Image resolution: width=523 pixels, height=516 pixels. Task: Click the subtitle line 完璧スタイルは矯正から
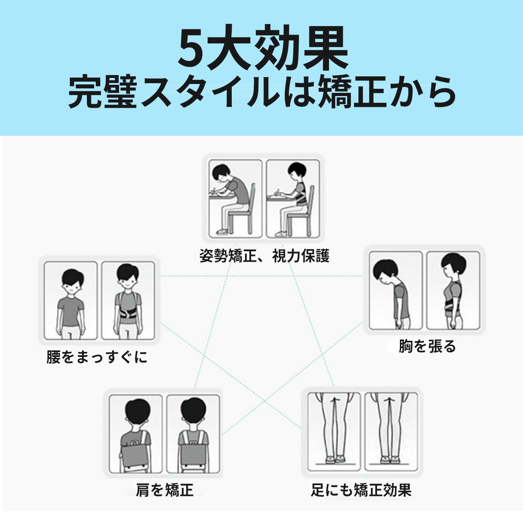[261, 92]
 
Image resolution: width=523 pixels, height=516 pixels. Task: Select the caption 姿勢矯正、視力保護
[264, 256]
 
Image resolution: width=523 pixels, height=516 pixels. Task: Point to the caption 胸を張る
[427, 346]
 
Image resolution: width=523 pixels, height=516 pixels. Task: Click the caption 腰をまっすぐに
[97, 357]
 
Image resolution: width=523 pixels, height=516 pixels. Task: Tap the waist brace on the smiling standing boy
[128, 315]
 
